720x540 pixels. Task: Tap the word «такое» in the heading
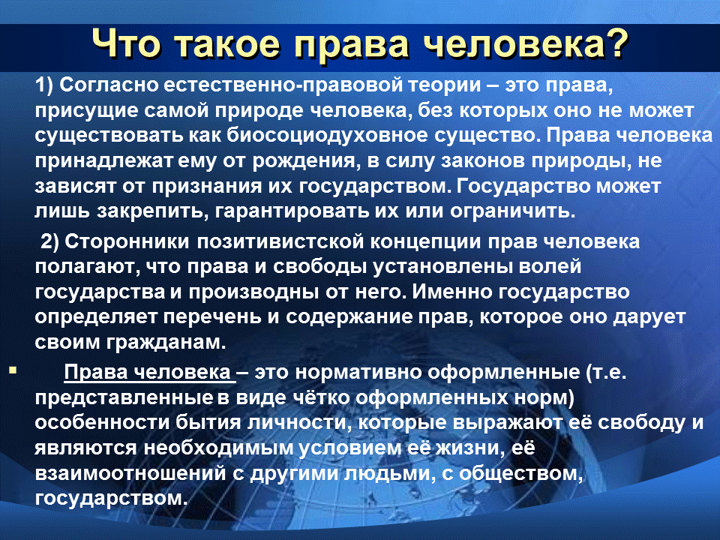[x=227, y=45]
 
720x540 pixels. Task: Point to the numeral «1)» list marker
[x=45, y=85]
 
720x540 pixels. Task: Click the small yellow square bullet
[x=13, y=370]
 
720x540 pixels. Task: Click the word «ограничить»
[x=512, y=211]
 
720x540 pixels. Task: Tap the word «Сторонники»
[x=127, y=242]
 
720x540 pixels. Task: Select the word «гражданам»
[x=166, y=343]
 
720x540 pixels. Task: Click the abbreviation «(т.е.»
[x=606, y=373]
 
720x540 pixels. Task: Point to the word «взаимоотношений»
[x=130, y=473]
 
